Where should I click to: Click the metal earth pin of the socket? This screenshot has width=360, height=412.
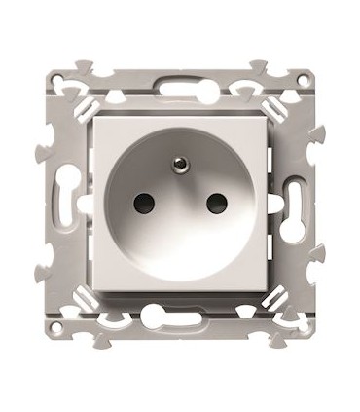click(180, 165)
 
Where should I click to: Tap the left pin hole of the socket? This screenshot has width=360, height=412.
click(144, 203)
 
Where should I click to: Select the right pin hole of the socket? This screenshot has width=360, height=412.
click(216, 203)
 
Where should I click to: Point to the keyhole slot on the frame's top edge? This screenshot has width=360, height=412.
click(182, 92)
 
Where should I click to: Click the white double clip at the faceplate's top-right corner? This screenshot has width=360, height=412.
click(275, 105)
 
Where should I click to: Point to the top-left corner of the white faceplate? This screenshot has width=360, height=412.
click(93, 117)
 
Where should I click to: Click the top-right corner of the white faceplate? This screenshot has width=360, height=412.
click(267, 117)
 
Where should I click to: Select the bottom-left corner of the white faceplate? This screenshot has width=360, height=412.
click(93, 288)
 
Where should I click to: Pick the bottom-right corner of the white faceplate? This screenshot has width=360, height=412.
click(267, 288)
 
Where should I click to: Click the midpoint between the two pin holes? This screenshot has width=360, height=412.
click(180, 203)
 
